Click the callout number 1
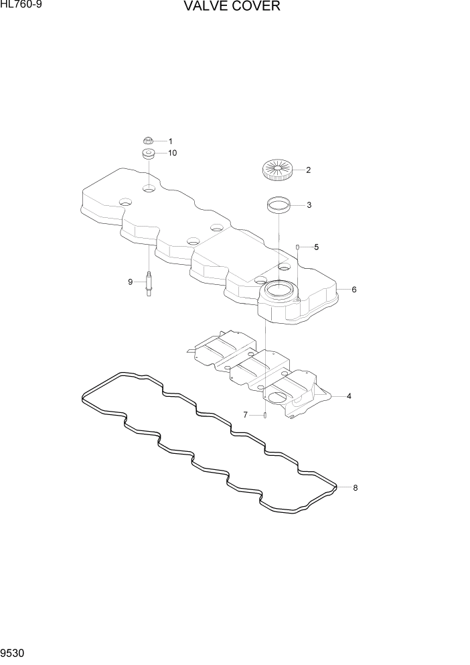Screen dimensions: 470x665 170,141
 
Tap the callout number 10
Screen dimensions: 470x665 172,154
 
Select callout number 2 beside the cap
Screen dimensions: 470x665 308,170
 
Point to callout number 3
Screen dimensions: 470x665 309,205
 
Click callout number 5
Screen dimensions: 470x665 316,247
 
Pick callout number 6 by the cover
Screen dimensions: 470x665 354,290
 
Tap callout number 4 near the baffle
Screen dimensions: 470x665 349,396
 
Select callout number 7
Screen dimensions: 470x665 246,415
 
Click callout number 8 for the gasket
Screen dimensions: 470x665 355,487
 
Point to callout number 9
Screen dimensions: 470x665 131,282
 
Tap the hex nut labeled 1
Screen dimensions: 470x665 148,141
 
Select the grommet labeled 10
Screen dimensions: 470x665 149,155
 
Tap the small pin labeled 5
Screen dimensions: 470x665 297,247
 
